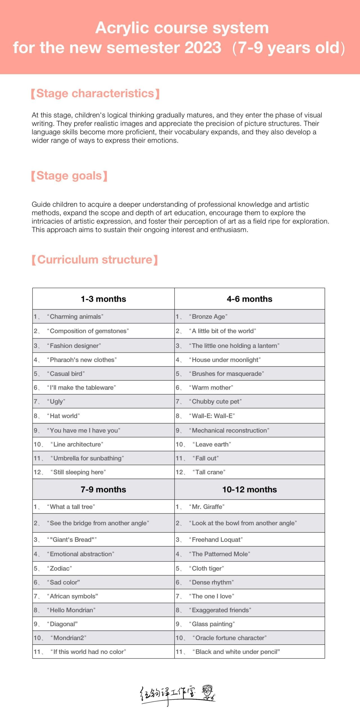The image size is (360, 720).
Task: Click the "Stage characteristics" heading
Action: point(95,93)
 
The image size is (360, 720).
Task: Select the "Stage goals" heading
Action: point(69,176)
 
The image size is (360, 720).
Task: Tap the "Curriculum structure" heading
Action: point(95,260)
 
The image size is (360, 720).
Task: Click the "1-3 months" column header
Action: point(103,299)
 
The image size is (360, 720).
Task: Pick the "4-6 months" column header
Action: point(249,299)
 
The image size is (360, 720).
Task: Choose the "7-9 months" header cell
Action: point(103,489)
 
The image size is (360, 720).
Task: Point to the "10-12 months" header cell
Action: point(249,489)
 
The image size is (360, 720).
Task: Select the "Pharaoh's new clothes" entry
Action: point(83,360)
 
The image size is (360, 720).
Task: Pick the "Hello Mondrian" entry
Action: point(72,610)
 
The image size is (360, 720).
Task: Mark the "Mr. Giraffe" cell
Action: point(208,507)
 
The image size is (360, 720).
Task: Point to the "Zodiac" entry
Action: point(61,568)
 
